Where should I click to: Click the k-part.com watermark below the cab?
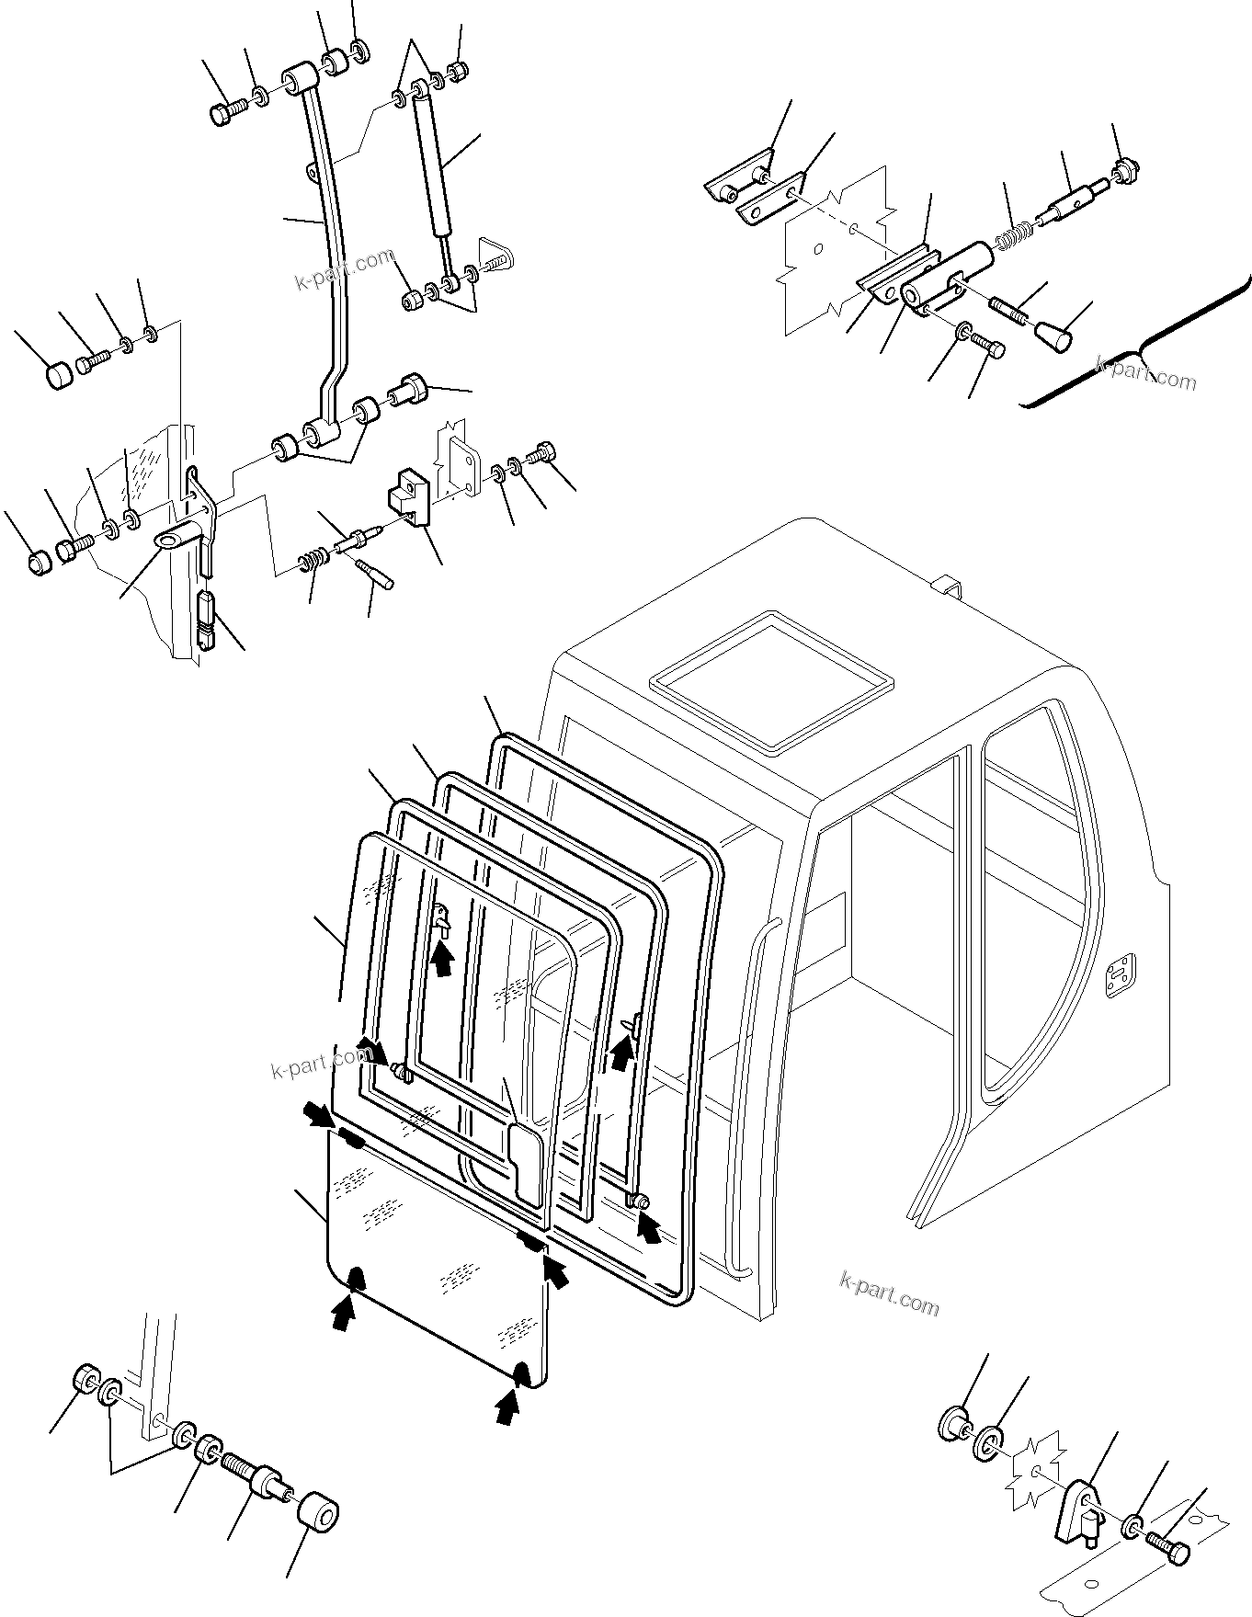coord(889,1293)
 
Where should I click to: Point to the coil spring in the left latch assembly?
coord(314,557)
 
